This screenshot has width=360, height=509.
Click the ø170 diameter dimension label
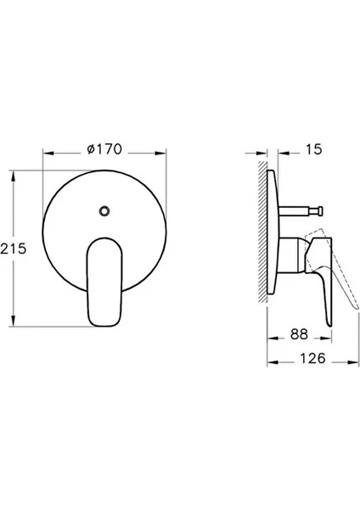coord(104,149)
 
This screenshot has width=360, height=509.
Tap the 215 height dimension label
coord(13,249)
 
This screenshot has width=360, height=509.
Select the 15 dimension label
coord(313,149)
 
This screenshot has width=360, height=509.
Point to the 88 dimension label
coord(299,334)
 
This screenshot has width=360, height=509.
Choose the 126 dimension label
coord(312,358)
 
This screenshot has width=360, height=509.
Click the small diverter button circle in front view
coord(104,210)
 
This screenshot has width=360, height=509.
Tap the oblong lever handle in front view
coord(104,282)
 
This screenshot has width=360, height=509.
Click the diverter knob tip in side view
coord(320,210)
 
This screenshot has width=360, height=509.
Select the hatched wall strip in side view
coord(262,232)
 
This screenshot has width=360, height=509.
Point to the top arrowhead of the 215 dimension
coord(13,176)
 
